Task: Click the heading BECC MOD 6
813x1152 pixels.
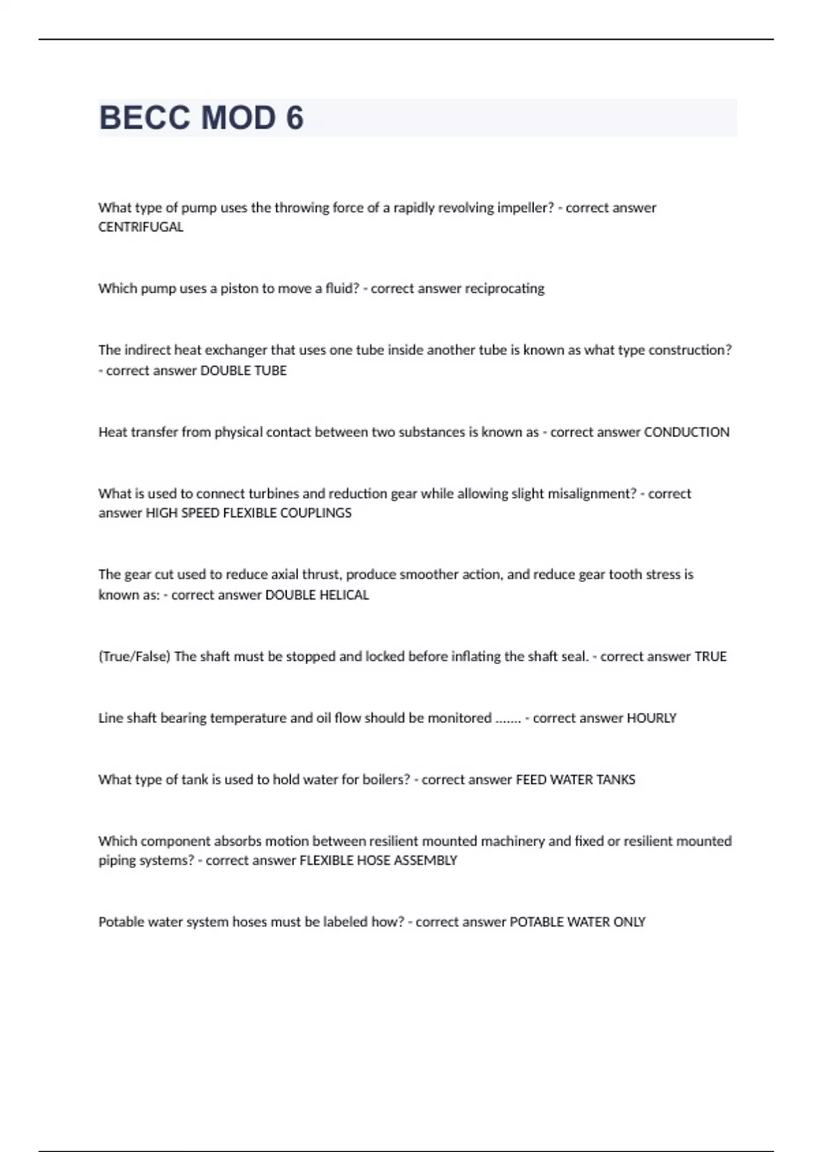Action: coord(201,118)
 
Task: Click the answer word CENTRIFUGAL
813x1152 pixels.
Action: coord(141,227)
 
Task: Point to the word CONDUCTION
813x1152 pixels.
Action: coord(686,432)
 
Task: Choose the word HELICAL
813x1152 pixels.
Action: coord(344,595)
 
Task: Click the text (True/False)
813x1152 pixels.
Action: coord(134,657)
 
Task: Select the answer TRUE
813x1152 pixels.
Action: coord(711,657)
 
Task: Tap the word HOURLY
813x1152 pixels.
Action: coord(652,718)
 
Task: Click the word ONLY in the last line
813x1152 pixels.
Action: coord(629,922)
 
